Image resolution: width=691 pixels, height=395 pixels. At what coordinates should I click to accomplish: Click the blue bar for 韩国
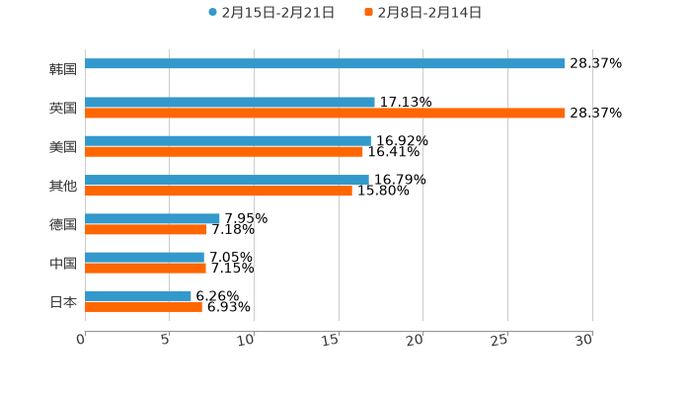pos(325,63)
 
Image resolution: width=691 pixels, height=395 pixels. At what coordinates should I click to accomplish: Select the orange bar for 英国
pos(325,113)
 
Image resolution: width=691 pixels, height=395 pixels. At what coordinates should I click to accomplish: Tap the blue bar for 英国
pos(230,102)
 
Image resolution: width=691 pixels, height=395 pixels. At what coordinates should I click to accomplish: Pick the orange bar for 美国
pos(224,151)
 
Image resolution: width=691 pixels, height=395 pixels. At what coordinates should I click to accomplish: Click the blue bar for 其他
pos(227,180)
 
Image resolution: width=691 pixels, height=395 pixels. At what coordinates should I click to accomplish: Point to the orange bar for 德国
pos(146,229)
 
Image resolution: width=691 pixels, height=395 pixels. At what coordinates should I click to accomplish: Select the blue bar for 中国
pos(145,257)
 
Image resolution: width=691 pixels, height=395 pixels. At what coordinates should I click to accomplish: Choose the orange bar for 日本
pos(144,306)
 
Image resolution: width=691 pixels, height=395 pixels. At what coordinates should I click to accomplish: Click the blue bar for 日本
pos(138,295)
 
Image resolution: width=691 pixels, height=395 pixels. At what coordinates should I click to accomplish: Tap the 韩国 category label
pos(63,69)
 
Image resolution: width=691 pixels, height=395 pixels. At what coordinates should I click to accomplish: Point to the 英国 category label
pos(63,108)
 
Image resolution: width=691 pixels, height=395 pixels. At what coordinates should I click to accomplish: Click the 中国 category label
pos(63,263)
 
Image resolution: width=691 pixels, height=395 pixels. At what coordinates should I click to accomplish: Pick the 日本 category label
pos(63,301)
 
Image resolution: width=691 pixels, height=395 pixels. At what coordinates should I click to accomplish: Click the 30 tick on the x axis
pos(583,339)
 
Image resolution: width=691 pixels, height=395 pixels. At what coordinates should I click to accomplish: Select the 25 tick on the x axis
pos(499,339)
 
